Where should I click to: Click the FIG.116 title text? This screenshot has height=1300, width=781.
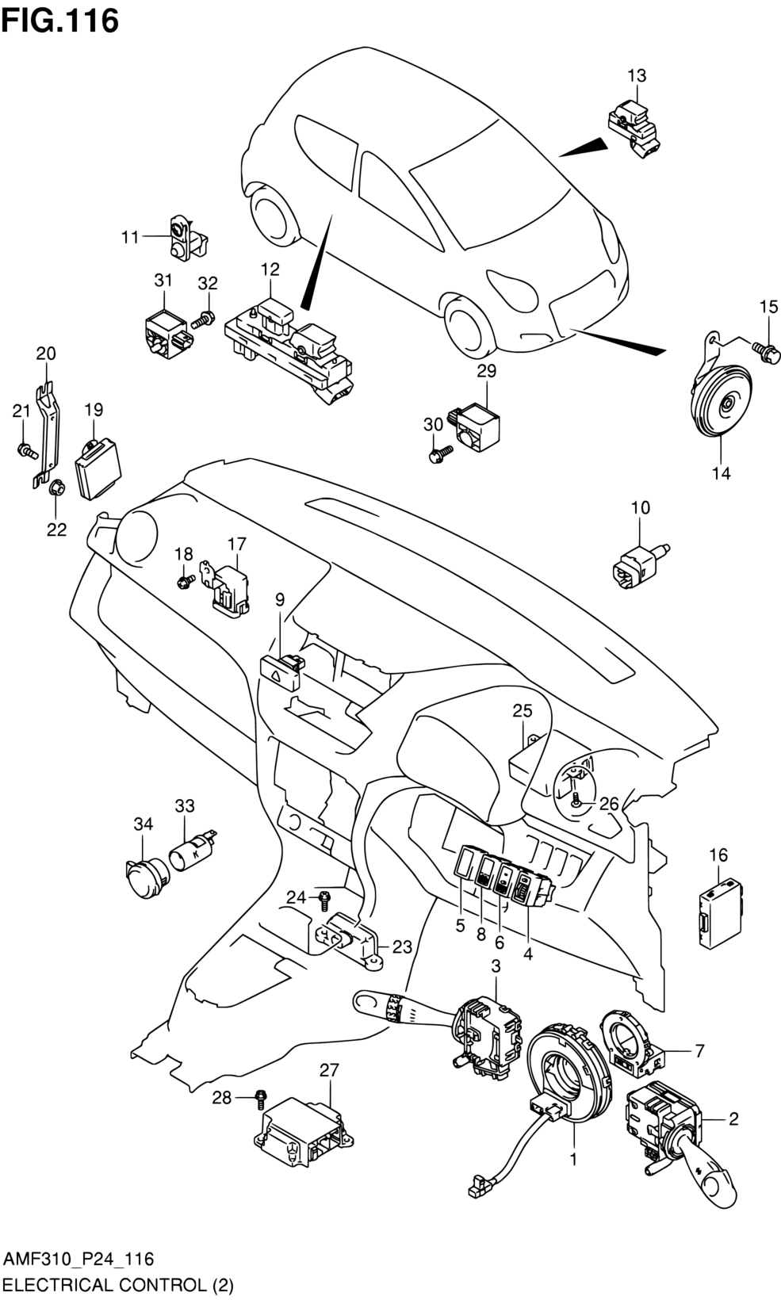point(60,21)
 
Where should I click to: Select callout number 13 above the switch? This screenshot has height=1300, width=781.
point(637,76)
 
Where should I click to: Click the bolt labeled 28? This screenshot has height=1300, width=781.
point(261,1098)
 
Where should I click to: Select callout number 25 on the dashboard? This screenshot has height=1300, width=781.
point(523,710)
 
